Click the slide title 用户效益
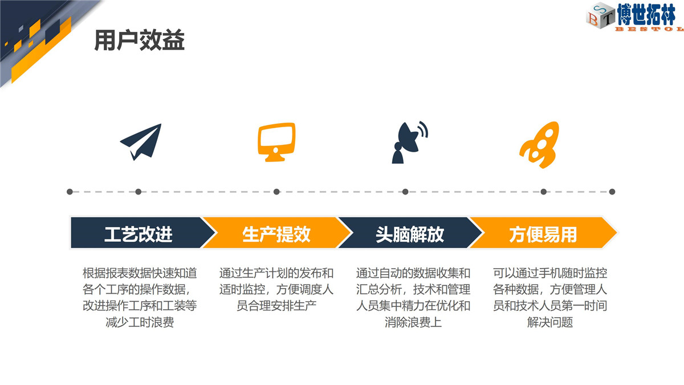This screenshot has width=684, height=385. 140,40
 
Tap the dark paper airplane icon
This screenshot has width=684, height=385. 141,141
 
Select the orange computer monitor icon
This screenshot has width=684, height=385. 276,142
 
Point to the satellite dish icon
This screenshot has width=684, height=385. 410,143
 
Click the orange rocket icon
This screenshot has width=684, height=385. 540,144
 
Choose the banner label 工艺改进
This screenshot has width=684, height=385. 139,234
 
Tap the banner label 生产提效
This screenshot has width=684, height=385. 276,234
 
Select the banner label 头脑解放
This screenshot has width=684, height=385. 410,234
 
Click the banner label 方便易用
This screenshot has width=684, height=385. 543,234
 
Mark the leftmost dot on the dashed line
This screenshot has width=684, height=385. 70,192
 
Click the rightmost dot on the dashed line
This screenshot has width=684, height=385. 612,192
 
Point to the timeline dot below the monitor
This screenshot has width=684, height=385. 276,192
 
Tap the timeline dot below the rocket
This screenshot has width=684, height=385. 544,192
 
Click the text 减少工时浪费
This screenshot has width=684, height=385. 140,322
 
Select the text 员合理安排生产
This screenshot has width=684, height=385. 276,306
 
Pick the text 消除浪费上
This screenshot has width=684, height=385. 413,322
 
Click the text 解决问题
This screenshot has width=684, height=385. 550,322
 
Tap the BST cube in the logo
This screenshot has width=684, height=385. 600,16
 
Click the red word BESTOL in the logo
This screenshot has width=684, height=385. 649,29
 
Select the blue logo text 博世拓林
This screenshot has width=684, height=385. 646,14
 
